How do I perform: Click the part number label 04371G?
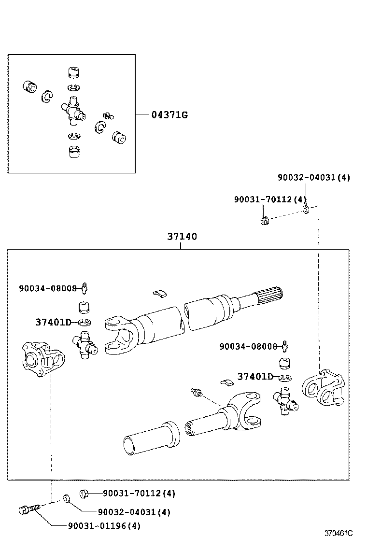tap(169, 114)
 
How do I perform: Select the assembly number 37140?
tap(182, 237)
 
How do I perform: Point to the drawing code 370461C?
tap(338, 533)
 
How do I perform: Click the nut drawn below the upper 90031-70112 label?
tap(263, 222)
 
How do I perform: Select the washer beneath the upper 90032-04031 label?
tap(306, 210)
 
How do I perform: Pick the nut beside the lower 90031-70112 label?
tap(82, 493)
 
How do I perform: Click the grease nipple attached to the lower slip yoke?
tap(196, 393)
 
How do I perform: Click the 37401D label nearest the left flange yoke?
tap(53, 322)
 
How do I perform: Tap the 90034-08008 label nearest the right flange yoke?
tap(248, 346)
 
